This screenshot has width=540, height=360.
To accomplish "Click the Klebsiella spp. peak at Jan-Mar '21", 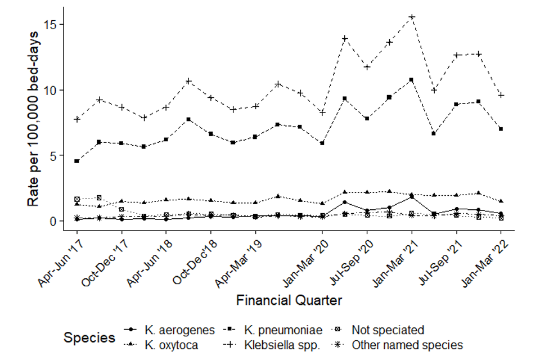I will click(412, 17).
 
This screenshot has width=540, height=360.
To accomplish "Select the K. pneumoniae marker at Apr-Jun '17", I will click(76, 161).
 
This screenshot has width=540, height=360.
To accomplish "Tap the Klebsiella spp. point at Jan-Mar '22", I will click(501, 95).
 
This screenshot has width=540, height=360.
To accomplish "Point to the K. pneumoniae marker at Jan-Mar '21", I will click(412, 80).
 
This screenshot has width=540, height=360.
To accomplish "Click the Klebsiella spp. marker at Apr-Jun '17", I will click(76, 119).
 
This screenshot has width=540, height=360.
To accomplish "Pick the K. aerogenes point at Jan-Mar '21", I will click(412, 197).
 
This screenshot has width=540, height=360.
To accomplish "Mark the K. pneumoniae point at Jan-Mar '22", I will click(501, 129).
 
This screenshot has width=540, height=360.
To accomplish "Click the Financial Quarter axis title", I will click(289, 300).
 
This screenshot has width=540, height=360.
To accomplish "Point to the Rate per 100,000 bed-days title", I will click(35, 127).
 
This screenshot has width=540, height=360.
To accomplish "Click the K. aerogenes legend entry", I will click(172, 330).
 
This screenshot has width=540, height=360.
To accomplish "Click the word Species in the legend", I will click(89, 337).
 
